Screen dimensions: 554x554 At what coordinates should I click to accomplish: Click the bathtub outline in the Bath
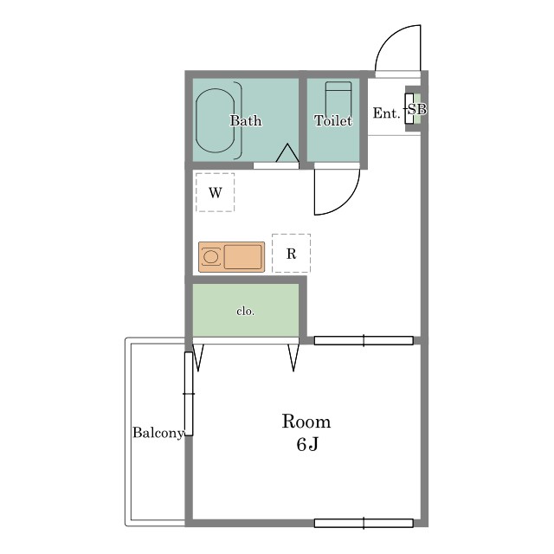[x=196, y=120]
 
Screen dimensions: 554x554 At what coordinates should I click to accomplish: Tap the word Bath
[x=246, y=121]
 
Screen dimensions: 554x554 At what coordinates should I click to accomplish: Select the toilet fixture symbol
[x=338, y=98]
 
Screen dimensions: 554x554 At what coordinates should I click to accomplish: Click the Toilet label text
[x=333, y=121]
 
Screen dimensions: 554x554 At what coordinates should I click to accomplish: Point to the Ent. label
[x=387, y=113]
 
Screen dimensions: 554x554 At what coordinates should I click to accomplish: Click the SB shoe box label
[x=417, y=109]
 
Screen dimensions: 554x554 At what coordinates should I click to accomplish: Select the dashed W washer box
[x=216, y=192]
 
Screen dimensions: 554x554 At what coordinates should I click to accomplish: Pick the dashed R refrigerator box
[x=291, y=254]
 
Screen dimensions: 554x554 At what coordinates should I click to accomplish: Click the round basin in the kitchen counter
[x=211, y=257]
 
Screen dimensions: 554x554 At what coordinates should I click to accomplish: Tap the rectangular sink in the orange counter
[x=242, y=257]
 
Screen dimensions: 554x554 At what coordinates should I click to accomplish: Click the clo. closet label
[x=245, y=312]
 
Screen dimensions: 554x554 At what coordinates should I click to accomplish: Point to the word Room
[x=306, y=422]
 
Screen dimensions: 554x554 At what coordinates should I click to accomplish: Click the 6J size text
[x=307, y=444]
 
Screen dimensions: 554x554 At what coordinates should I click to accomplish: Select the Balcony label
[x=158, y=433]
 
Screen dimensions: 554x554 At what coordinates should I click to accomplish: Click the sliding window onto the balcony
[x=189, y=394]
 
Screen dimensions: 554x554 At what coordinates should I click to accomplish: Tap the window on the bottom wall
[x=364, y=523]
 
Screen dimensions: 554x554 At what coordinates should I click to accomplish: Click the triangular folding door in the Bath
[x=287, y=153]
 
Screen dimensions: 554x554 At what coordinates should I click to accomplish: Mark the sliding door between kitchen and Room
[x=364, y=340]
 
